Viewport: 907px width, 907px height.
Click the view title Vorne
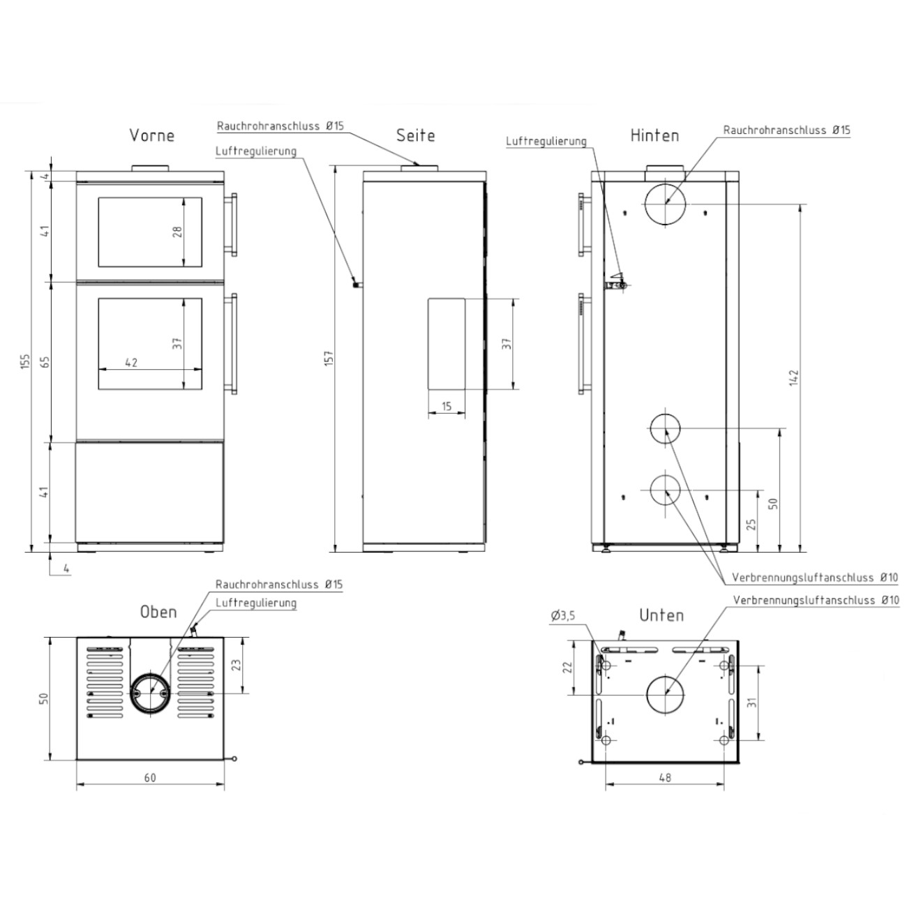[x=151, y=135]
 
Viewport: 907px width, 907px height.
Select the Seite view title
[x=415, y=135]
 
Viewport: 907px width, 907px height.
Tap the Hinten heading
[x=654, y=135]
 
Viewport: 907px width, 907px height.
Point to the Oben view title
[x=158, y=612]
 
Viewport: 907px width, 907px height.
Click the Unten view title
[x=661, y=615]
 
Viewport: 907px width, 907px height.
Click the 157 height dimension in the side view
[x=329, y=358]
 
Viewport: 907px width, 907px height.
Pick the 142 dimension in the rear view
[x=794, y=378]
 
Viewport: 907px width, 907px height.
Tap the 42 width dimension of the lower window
[x=131, y=362]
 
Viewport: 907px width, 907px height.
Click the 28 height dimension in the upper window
[x=177, y=232]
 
